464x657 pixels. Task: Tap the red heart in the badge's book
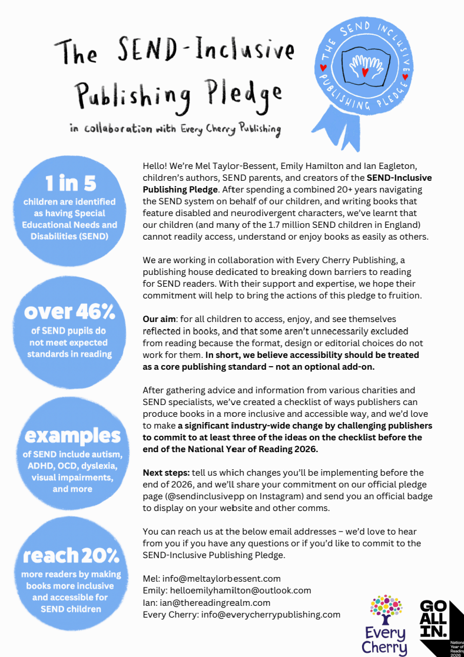(x=364, y=72)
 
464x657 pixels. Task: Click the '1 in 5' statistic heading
(x=69, y=183)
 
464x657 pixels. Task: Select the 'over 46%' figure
(x=69, y=311)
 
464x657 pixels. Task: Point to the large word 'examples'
(x=72, y=436)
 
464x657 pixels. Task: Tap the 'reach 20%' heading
(x=71, y=555)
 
